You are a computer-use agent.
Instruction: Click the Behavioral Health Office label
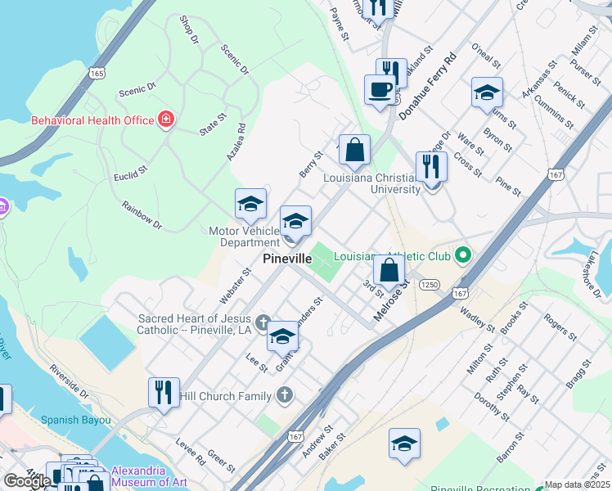[x=92, y=120]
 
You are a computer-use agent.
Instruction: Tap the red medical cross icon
[x=166, y=120]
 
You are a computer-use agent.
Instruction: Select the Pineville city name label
[x=287, y=259]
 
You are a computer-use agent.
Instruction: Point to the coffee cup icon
[x=380, y=89]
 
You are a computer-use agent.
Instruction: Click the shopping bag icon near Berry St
[x=355, y=150]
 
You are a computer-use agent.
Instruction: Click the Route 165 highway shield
[x=98, y=73]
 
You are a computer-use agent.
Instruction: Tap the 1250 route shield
[x=430, y=284]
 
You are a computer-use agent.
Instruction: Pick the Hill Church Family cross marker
[x=284, y=396]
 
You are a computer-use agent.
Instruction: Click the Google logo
[x=26, y=481]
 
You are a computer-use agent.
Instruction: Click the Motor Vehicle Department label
[x=244, y=236]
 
